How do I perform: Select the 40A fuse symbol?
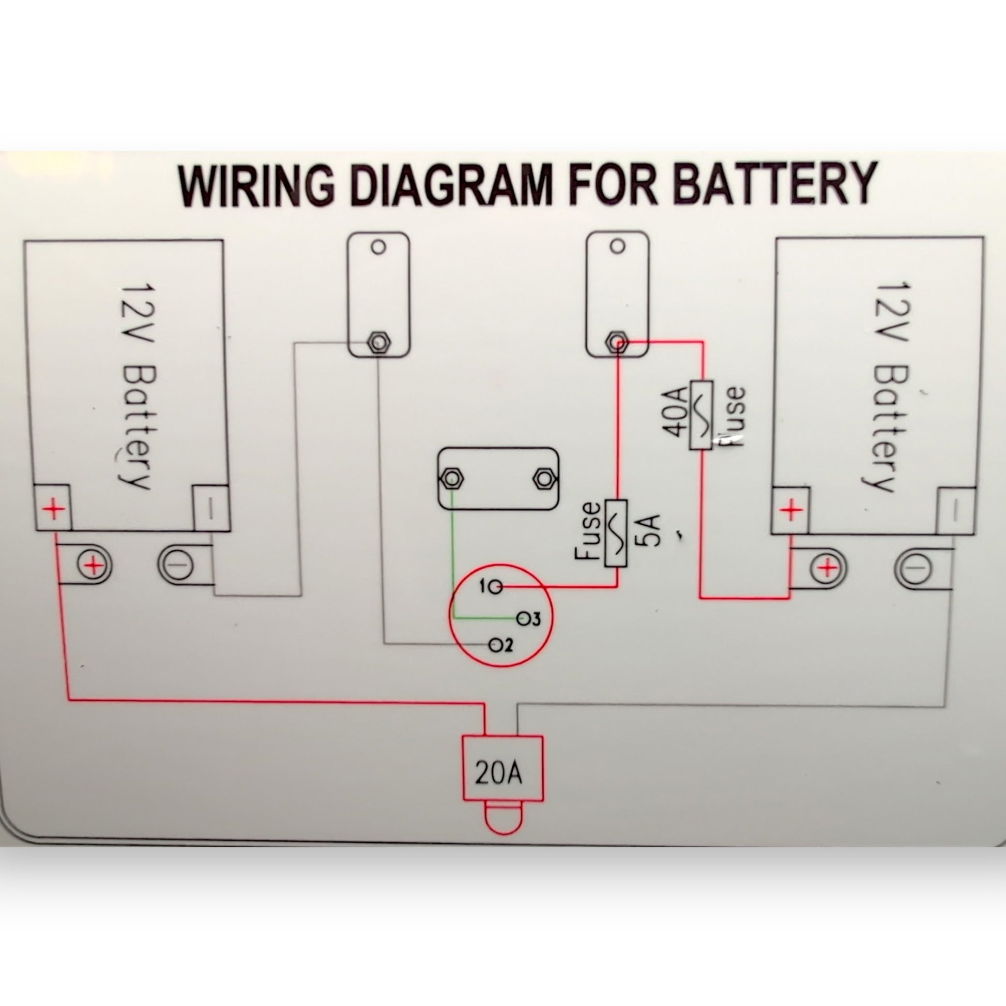(701, 415)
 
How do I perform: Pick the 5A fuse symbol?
(617, 533)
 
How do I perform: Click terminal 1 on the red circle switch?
(497, 588)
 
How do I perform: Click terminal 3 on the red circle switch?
(523, 619)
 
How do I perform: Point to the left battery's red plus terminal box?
(52, 507)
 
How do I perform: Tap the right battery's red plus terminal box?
(790, 510)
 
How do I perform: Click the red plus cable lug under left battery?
(93, 566)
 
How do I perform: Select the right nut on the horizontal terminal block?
(544, 478)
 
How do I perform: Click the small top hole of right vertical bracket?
(617, 246)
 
